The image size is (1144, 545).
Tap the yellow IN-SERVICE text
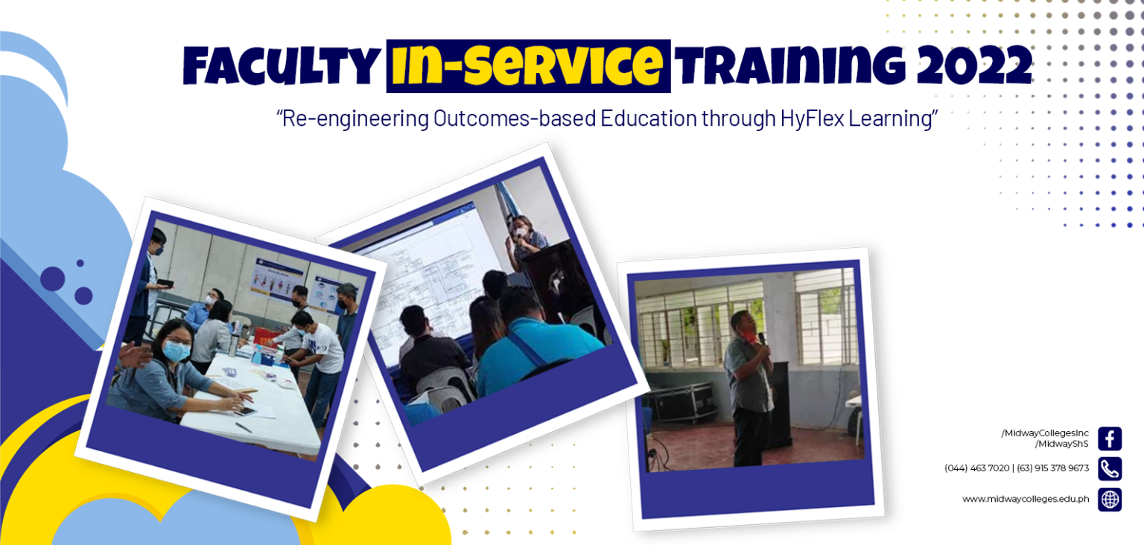click(x=527, y=66)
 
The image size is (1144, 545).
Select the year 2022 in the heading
click(x=974, y=65)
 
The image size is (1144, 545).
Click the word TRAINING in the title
click(x=790, y=66)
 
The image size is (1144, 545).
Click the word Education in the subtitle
click(x=648, y=118)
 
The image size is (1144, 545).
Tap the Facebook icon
click(x=1110, y=439)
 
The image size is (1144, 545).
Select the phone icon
click(x=1110, y=468)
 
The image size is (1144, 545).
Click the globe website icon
click(x=1110, y=499)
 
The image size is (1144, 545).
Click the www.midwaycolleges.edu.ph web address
click(x=1026, y=499)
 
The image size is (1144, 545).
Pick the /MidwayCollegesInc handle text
click(x=1045, y=433)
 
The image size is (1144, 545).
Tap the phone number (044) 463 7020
click(x=976, y=468)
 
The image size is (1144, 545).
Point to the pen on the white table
click(x=243, y=427)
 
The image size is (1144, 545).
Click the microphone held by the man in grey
click(x=762, y=339)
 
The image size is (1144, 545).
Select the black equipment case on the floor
click(x=683, y=403)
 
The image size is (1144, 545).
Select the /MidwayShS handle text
click(x=1062, y=444)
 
